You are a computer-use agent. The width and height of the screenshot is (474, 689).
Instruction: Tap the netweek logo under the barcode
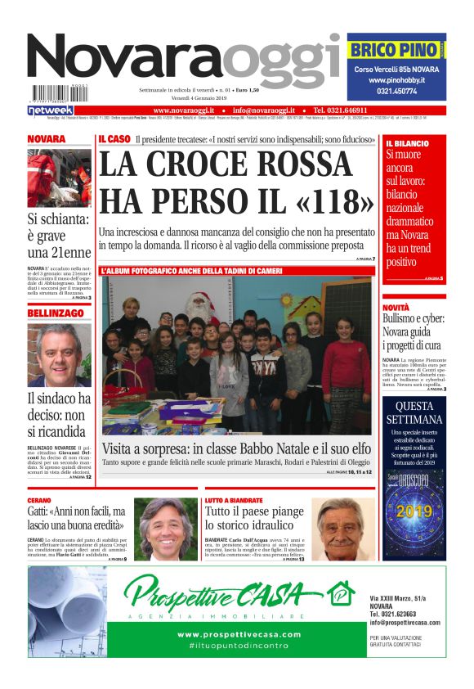point(51,110)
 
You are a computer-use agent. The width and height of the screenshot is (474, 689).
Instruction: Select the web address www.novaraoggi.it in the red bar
point(184,110)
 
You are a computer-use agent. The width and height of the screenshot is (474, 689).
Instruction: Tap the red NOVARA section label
point(47,140)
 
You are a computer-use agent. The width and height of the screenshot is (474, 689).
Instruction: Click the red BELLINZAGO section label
point(56,313)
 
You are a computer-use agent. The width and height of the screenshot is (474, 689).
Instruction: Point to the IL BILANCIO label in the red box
point(407,143)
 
